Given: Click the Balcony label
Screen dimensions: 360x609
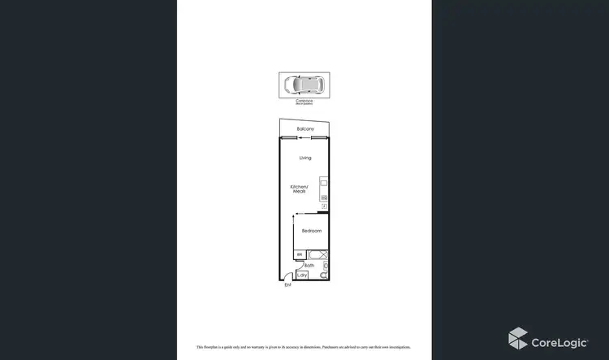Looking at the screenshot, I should [x=305, y=129].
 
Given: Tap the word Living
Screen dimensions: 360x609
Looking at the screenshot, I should [x=305, y=158].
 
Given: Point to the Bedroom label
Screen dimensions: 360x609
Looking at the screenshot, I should [x=312, y=231].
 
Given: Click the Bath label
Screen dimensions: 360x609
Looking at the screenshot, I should [x=309, y=265].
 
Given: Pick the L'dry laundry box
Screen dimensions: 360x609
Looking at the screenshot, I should [x=303, y=275].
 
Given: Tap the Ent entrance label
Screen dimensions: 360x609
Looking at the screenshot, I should [x=287, y=285].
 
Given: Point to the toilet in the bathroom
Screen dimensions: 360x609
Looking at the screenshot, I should [x=326, y=275].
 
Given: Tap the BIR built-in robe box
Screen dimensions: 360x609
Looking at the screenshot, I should [x=300, y=255].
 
